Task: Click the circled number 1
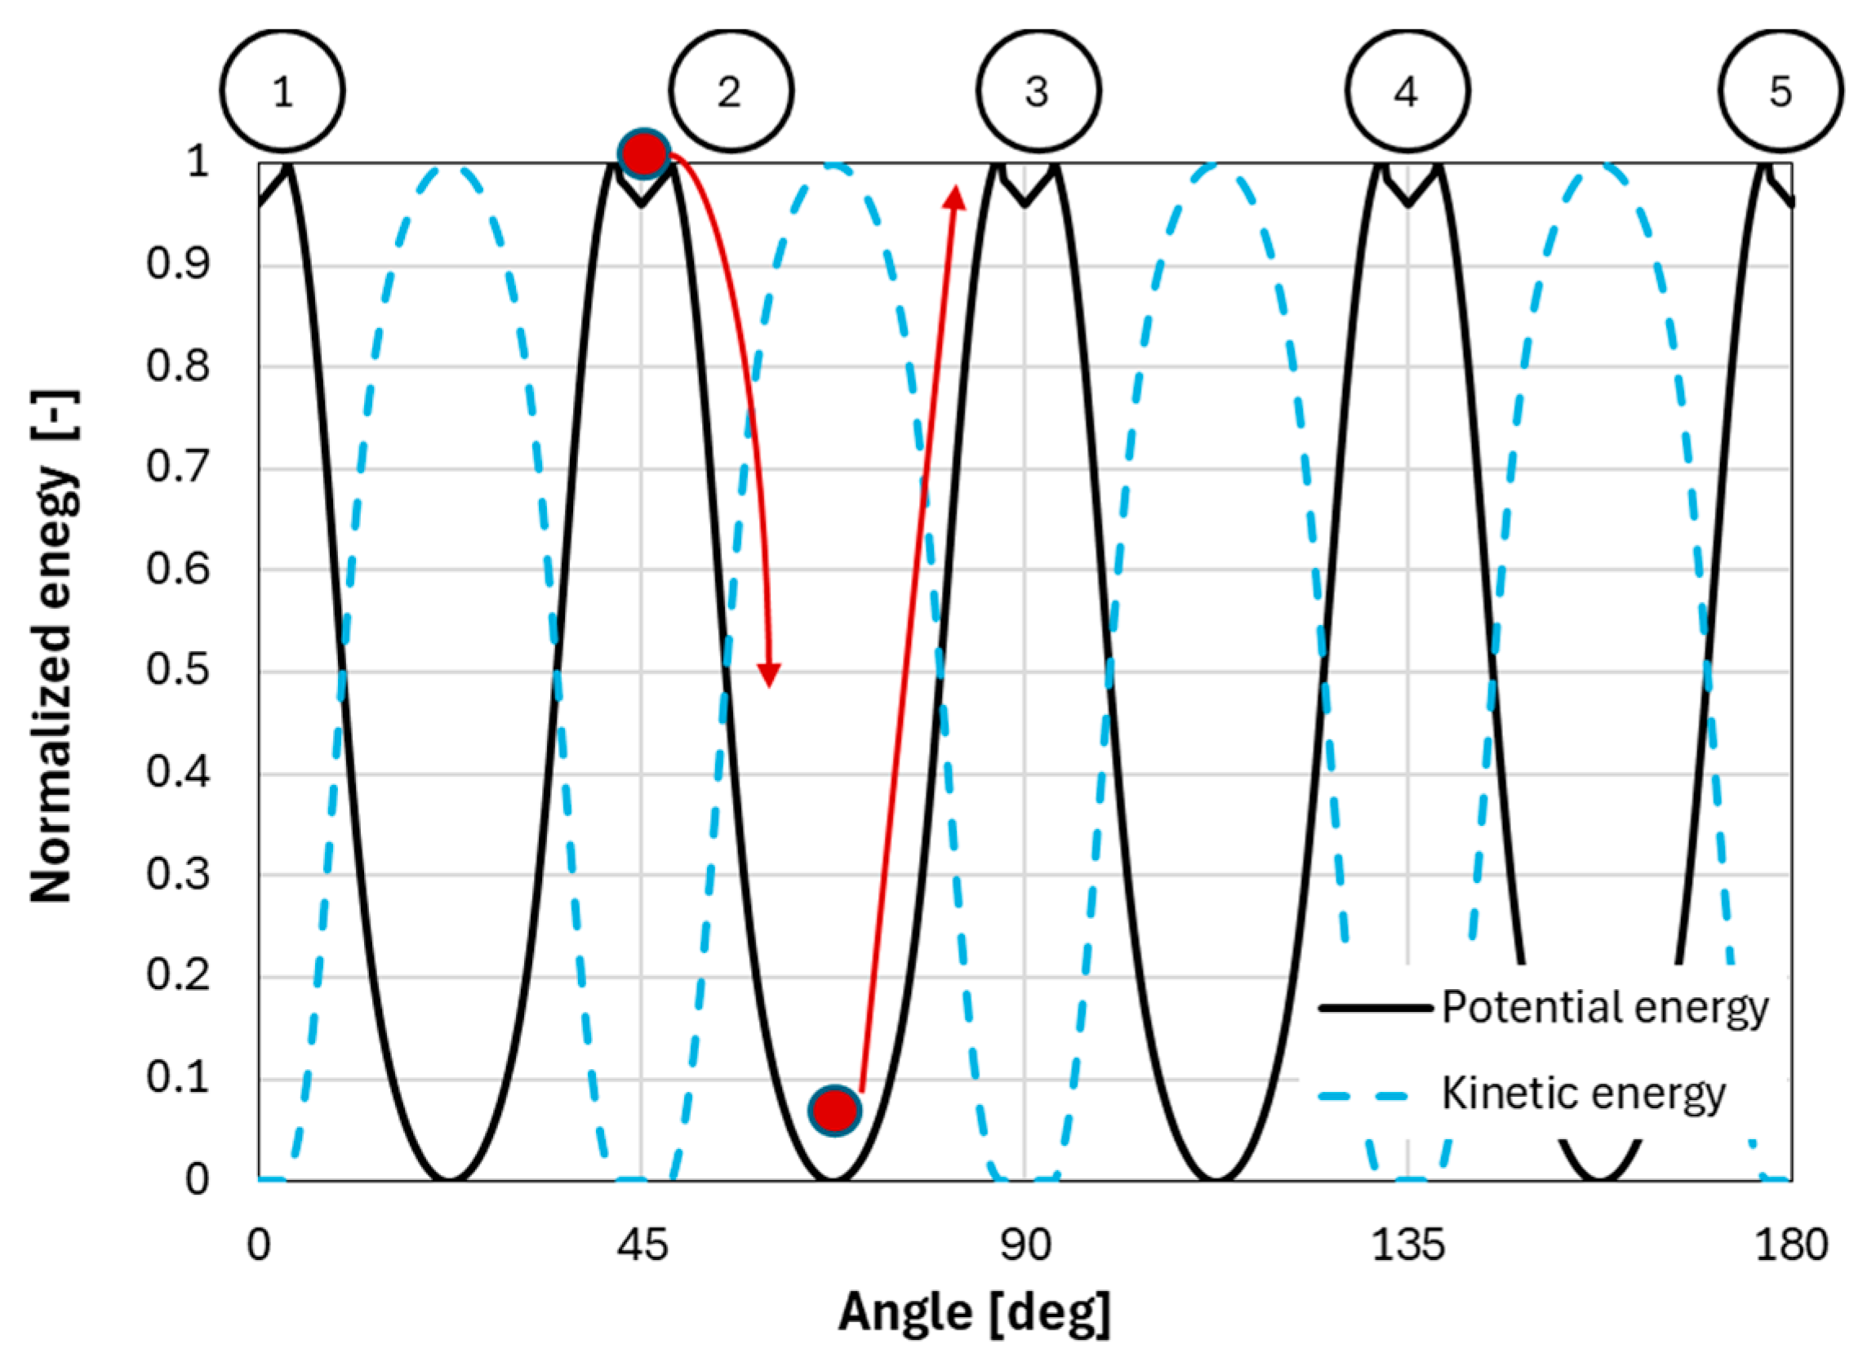[x=282, y=91]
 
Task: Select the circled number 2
[x=731, y=91]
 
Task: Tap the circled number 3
[x=1038, y=91]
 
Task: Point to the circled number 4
[x=1407, y=91]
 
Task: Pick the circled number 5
[x=1780, y=91]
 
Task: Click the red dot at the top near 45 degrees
[x=644, y=153]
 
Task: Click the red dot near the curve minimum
[x=835, y=1111]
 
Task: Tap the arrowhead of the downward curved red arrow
[x=770, y=676]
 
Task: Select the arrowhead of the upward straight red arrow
[x=955, y=197]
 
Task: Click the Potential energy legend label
[x=1604, y=1008]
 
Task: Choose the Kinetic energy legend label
[x=1583, y=1094]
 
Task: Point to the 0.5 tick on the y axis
[x=178, y=671]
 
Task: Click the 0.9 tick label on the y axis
[x=178, y=264]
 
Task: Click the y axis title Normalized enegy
[x=53, y=647]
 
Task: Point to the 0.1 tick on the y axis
[x=178, y=1079]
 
